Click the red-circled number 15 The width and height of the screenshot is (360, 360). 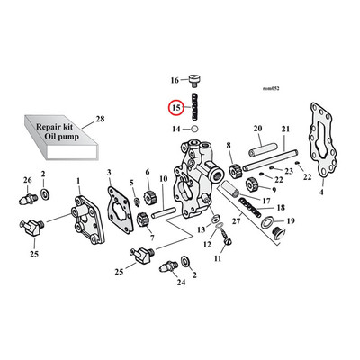coord(176,109)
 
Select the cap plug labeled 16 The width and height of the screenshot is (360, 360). coord(193,77)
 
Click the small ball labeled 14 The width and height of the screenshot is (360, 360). coord(193,130)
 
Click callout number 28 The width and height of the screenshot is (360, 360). coord(99,119)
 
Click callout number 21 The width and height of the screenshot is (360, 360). coord(285,130)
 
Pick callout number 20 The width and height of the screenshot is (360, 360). coord(256,130)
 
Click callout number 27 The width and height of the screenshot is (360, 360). coord(235,221)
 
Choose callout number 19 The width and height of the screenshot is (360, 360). coord(290,220)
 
